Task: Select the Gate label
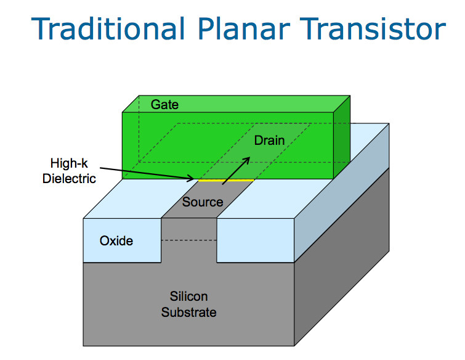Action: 164,104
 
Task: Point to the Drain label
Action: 269,141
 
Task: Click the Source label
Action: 202,202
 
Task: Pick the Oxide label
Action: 116,240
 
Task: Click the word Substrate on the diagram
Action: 189,313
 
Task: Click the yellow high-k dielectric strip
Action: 225,181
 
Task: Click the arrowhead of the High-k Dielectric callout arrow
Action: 193,179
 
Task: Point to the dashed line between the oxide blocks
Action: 188,240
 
